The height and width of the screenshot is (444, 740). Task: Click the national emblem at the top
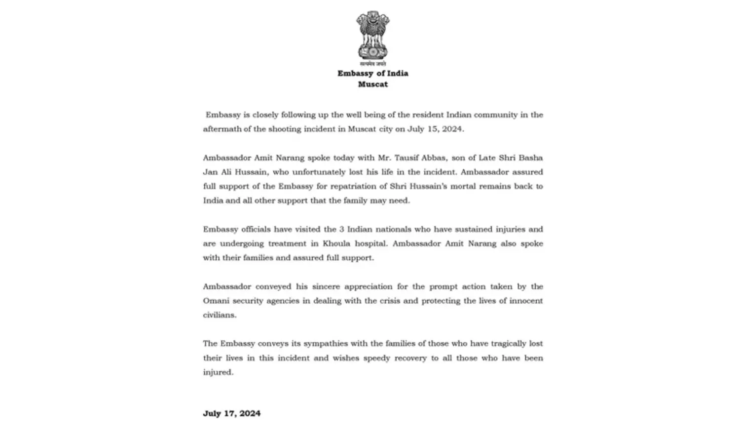(x=372, y=36)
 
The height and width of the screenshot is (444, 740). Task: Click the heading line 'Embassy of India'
(x=372, y=73)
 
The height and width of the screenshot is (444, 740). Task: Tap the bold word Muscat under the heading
(x=372, y=84)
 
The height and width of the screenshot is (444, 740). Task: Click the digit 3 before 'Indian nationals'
(x=341, y=230)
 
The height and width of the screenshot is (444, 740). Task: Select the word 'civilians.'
(x=220, y=315)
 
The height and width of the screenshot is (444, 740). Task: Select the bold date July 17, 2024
(x=231, y=413)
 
